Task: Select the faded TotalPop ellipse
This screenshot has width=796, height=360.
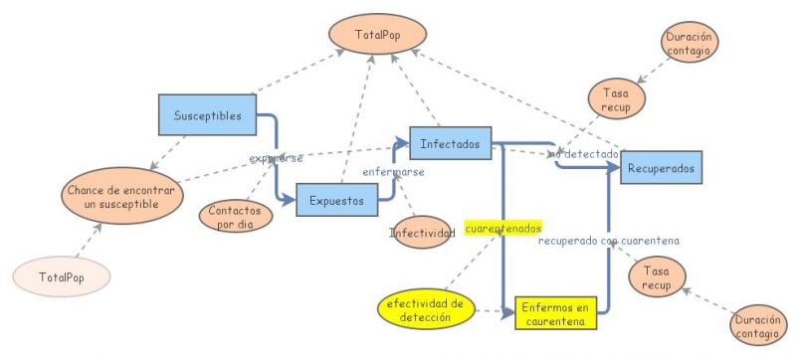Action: click(61, 277)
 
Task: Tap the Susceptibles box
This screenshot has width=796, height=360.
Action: click(207, 114)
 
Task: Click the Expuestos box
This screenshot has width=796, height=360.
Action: click(337, 199)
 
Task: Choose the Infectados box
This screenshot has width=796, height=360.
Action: click(451, 143)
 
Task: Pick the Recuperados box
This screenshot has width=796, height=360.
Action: click(662, 168)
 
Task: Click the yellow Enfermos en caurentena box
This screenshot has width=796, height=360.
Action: click(555, 313)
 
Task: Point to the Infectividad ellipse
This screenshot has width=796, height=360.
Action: click(423, 234)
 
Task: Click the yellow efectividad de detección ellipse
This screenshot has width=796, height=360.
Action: click(425, 310)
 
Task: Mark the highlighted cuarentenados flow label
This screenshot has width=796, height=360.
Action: click(502, 229)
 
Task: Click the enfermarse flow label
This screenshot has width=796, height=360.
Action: click(393, 172)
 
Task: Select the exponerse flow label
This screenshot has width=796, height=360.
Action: click(276, 158)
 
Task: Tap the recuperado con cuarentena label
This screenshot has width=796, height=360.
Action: click(608, 241)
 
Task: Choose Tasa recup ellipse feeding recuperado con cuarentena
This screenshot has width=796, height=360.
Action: click(656, 277)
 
